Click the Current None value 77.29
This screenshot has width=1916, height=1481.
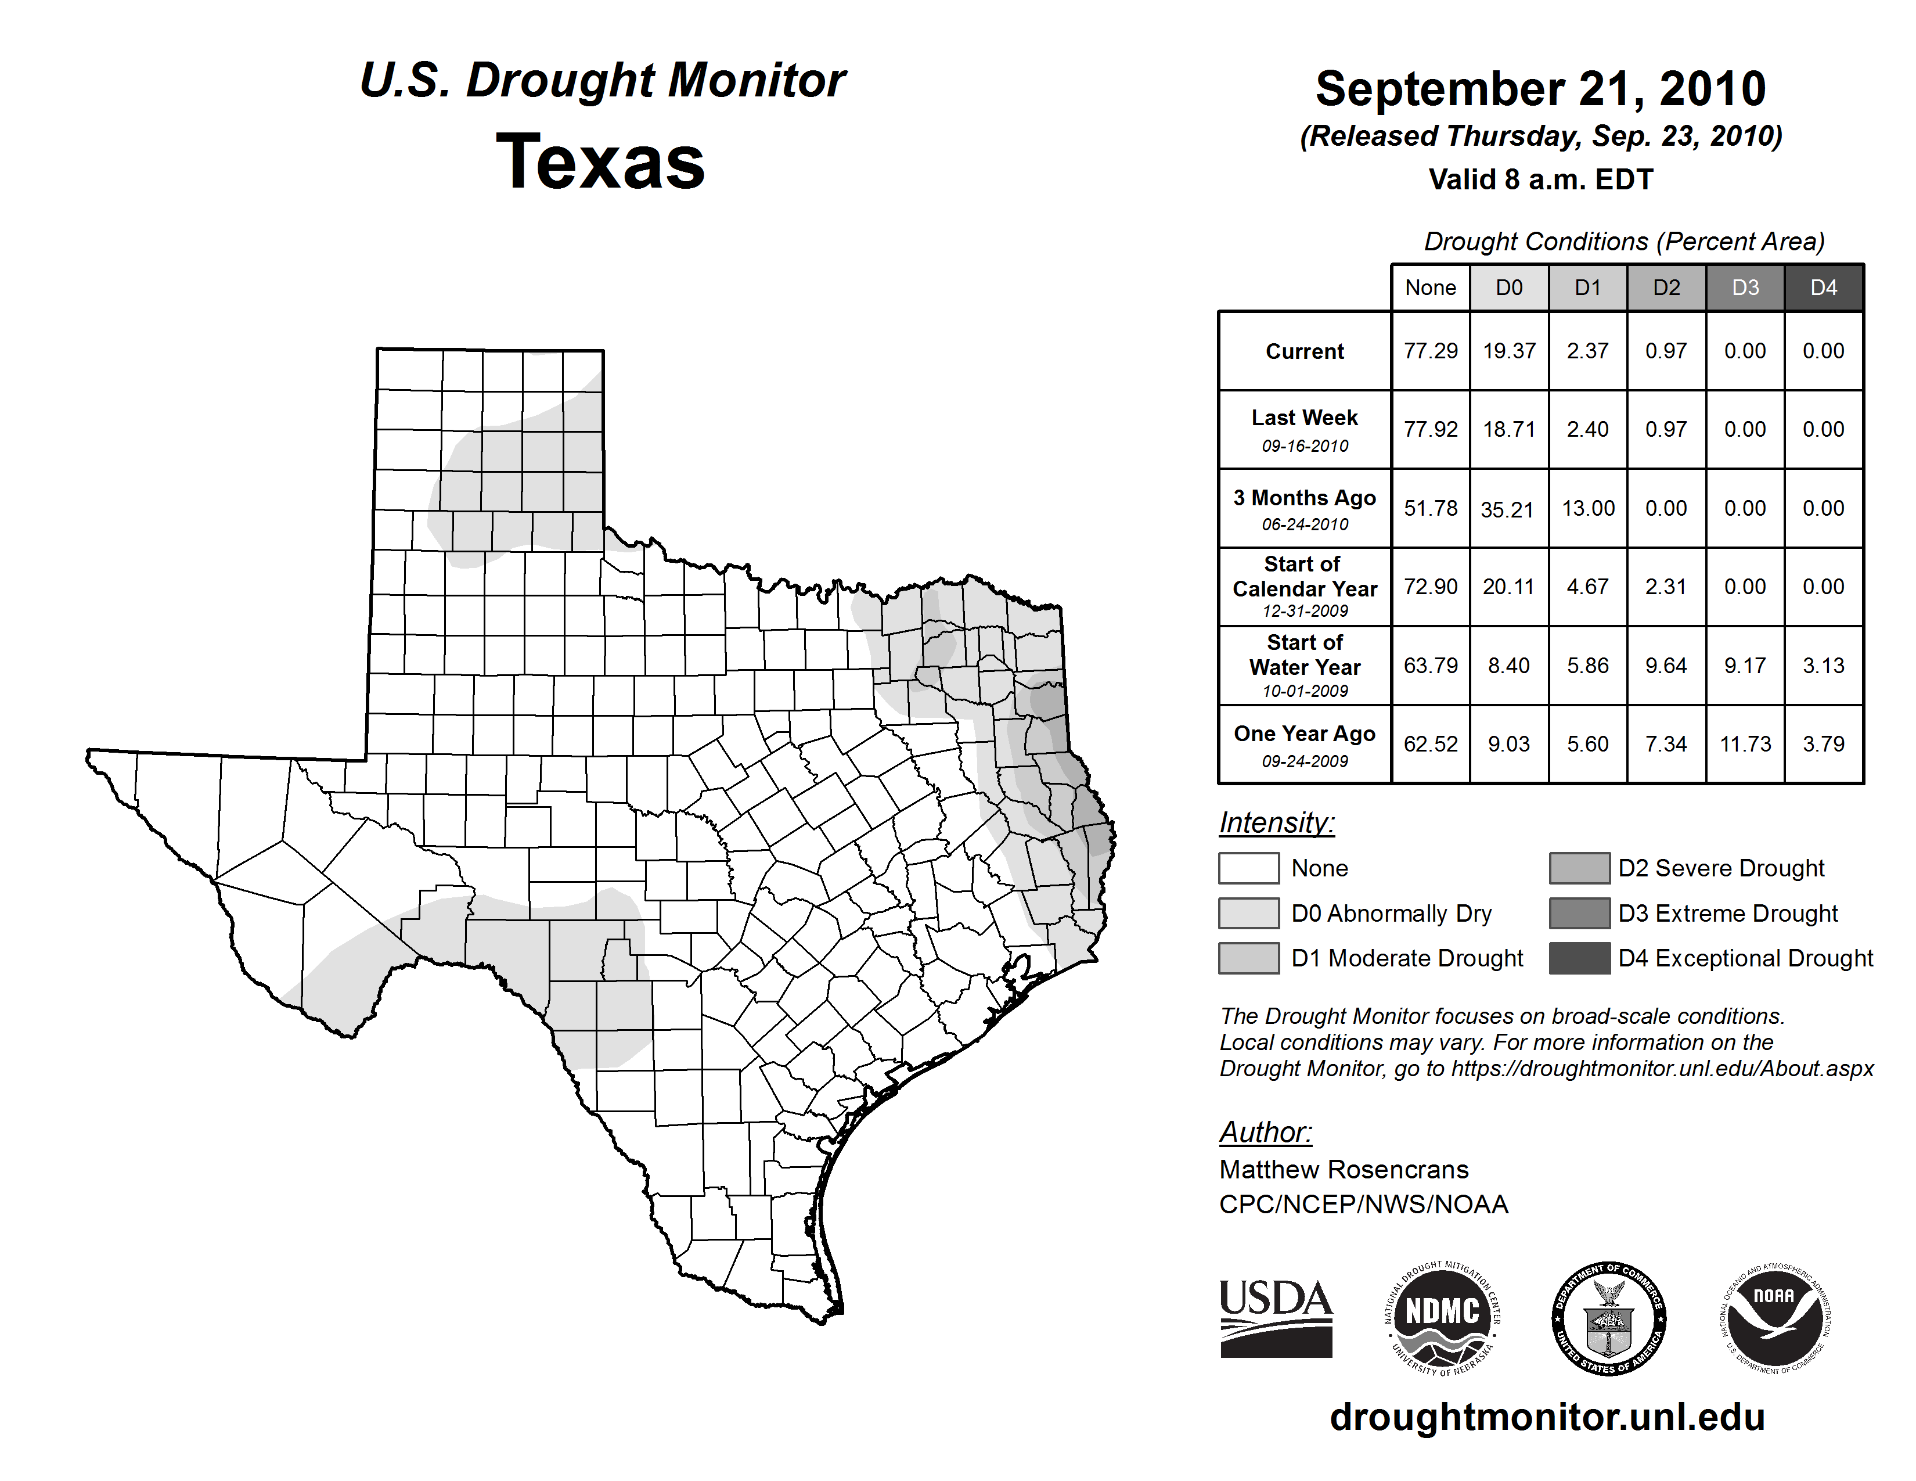coord(1430,351)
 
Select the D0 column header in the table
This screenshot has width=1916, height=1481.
coord(1509,287)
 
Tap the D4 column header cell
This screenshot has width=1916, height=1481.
coord(1823,287)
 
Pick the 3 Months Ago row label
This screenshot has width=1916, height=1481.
coord(1305,508)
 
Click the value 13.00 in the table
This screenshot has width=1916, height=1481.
coord(1588,508)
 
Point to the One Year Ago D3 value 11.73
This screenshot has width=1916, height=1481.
coord(1745,744)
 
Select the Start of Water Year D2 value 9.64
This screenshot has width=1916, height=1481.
coord(1666,666)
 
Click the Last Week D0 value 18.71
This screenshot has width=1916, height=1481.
coord(1509,429)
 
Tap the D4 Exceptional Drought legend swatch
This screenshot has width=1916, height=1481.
coord(1579,958)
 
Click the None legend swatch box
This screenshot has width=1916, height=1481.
coord(1248,868)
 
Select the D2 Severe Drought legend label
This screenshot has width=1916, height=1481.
coord(1721,868)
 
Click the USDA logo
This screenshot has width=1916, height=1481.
coord(1276,1318)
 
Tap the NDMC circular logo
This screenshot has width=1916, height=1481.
coord(1442,1318)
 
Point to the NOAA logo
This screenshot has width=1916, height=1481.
coord(1774,1318)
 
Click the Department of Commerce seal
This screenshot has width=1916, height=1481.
coord(1609,1318)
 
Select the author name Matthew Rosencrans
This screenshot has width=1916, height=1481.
coord(1343,1170)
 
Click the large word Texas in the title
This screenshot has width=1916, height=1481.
coord(600,161)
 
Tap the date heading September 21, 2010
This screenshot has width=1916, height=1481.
coord(1540,89)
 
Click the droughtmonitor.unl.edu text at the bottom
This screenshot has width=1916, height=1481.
coord(1547,1417)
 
